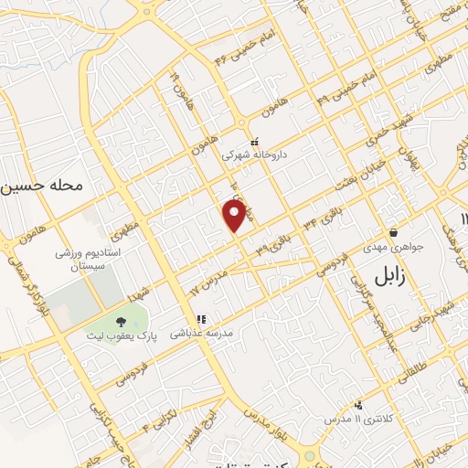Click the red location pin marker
[x=235, y=216]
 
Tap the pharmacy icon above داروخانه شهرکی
[x=255, y=141]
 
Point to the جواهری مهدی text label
[x=393, y=249]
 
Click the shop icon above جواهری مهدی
[x=393, y=233]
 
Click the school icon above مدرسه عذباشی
[x=200, y=319]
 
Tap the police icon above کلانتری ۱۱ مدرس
[x=358, y=404]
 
